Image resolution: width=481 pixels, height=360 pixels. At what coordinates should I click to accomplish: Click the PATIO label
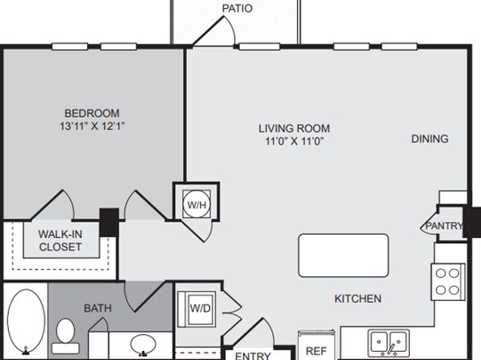click(237, 8)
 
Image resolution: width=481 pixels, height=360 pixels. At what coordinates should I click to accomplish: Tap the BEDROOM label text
click(92, 113)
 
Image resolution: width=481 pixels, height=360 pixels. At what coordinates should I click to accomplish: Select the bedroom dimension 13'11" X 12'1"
click(92, 126)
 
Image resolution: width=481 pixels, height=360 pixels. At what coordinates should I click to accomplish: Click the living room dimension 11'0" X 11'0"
click(295, 141)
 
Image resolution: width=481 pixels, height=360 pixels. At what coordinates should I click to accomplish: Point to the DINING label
click(430, 139)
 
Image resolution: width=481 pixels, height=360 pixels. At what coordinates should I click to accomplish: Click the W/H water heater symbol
click(196, 204)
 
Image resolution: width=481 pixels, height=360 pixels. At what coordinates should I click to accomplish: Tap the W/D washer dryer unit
click(197, 309)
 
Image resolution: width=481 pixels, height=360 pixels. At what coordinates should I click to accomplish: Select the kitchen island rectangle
click(344, 255)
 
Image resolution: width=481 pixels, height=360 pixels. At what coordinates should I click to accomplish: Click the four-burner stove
click(448, 282)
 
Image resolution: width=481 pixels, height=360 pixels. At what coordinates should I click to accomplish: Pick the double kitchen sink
click(388, 342)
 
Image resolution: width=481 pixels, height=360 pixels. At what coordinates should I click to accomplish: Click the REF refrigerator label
click(316, 351)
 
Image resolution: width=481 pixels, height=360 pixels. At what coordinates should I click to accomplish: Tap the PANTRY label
click(444, 226)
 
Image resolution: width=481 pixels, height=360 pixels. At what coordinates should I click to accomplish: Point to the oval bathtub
click(26, 321)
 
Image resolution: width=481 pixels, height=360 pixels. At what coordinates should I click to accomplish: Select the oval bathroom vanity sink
click(143, 345)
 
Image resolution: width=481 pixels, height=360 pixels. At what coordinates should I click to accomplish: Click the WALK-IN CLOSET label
click(61, 241)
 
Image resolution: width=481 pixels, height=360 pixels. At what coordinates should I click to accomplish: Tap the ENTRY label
click(253, 356)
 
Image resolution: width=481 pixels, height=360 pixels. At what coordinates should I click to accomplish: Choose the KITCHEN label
click(358, 299)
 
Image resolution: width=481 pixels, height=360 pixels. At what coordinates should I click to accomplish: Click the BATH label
click(98, 308)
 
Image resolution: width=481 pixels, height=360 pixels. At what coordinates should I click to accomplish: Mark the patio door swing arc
click(232, 28)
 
